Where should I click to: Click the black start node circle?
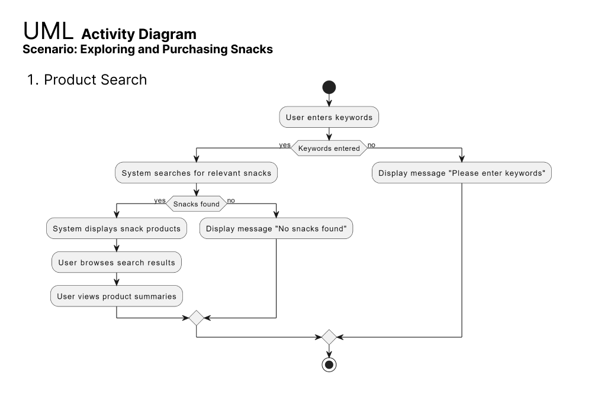pyautogui.click(x=329, y=88)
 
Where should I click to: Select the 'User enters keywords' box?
pyautogui.click(x=329, y=117)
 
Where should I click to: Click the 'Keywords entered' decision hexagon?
pyautogui.click(x=329, y=148)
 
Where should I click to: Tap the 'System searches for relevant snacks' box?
pyautogui.click(x=196, y=173)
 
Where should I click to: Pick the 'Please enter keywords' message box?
pyautogui.click(x=461, y=173)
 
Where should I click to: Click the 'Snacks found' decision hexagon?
pyautogui.click(x=196, y=203)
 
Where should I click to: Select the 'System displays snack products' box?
pyautogui.click(x=116, y=228)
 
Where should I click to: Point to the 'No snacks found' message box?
pyautogui.click(x=276, y=228)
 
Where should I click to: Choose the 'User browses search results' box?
pyautogui.click(x=116, y=262)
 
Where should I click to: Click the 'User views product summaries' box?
pyautogui.click(x=116, y=296)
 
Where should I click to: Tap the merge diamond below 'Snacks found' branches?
pyautogui.click(x=196, y=318)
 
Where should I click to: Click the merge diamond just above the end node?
pyautogui.click(x=329, y=337)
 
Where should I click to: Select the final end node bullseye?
pyautogui.click(x=329, y=365)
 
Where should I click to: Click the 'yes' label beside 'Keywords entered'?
pyautogui.click(x=285, y=145)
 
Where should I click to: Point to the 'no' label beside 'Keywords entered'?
pyautogui.click(x=371, y=145)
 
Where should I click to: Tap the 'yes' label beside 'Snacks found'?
pyautogui.click(x=160, y=201)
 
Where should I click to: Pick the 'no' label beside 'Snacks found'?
pyautogui.click(x=231, y=201)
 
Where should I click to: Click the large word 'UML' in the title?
pyautogui.click(x=48, y=31)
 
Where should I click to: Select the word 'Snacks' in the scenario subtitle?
pyautogui.click(x=252, y=49)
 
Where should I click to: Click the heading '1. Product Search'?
pyautogui.click(x=87, y=80)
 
